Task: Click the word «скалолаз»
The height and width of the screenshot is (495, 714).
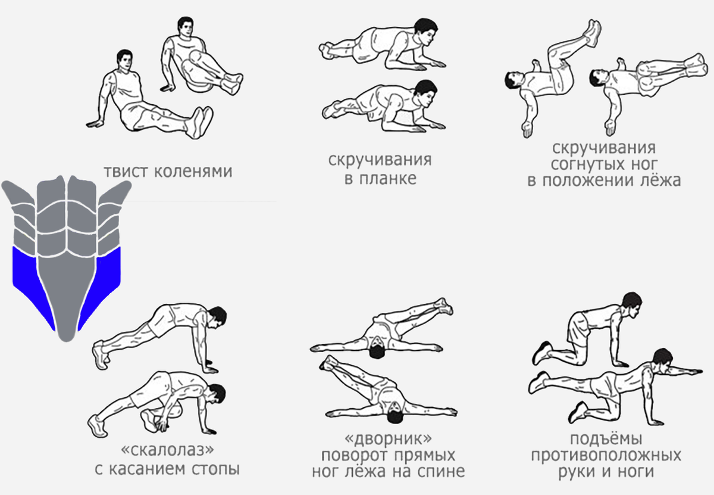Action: [167, 450]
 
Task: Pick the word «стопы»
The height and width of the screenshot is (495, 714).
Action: [215, 469]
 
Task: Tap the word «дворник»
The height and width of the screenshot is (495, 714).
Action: [389, 438]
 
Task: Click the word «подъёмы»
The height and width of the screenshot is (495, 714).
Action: [606, 440]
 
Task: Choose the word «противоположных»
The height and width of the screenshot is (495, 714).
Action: [606, 456]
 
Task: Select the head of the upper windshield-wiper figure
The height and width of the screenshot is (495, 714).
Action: [376, 350]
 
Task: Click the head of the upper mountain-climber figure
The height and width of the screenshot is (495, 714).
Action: [217, 317]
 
